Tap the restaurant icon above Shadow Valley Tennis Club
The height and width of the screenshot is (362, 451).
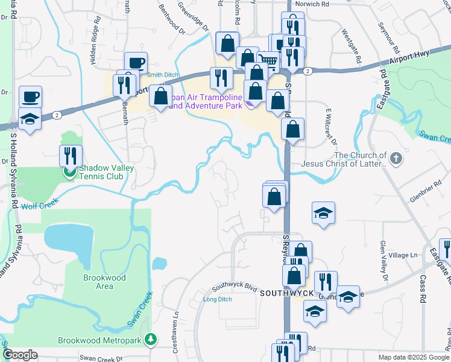click(71, 156)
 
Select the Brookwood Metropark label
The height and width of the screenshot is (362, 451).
click(100, 340)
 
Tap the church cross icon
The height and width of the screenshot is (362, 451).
click(396, 159)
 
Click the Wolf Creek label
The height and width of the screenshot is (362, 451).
click(38, 206)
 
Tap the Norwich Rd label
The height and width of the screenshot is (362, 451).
click(316, 4)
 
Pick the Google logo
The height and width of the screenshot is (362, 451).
click(20, 355)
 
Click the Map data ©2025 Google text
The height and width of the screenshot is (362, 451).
click(414, 357)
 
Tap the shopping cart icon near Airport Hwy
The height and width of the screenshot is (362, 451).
click(268, 60)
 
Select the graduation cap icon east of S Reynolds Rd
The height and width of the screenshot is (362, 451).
click(323, 213)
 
